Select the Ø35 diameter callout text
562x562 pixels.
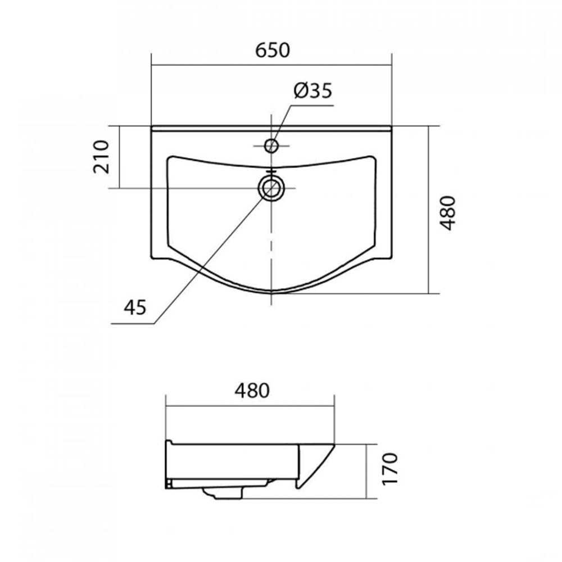click(313, 90)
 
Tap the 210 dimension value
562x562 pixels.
click(101, 157)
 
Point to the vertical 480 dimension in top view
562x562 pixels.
click(447, 212)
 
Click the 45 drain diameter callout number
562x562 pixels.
click(135, 307)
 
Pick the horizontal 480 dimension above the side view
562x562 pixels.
click(252, 391)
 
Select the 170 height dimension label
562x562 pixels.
click(390, 469)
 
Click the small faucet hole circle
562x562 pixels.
click(271, 146)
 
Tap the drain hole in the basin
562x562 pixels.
click(271, 188)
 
